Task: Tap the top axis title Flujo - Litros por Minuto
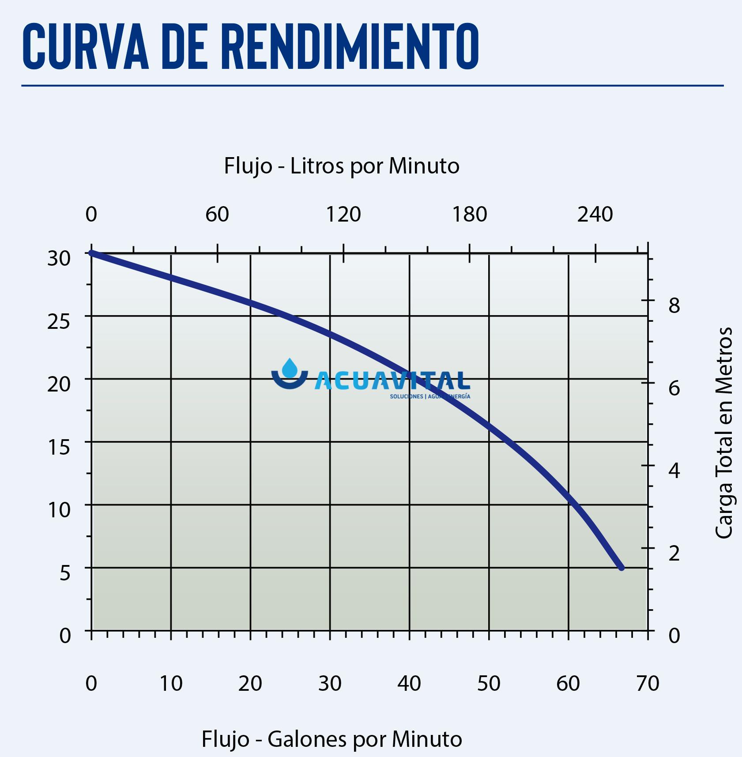tap(342, 166)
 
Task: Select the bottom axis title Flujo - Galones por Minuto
tap(331, 739)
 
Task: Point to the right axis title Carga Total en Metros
tap(723, 433)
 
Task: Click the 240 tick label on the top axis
tap(595, 215)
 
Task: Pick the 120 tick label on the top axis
tap(343, 215)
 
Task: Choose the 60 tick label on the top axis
tap(217, 215)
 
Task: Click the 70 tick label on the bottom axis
tap(648, 684)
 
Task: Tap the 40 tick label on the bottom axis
tap(409, 684)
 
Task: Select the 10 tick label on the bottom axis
tap(171, 684)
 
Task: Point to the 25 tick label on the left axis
tap(59, 322)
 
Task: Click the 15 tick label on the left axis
tap(59, 447)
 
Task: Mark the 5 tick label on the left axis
tap(65, 573)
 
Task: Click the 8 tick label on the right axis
tap(674, 305)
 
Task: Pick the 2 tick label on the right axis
tap(674, 554)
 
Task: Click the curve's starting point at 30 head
tap(91, 253)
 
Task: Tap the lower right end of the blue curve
tap(621, 567)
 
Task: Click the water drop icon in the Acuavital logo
tap(290, 369)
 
